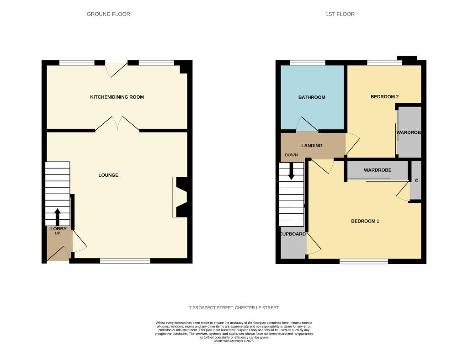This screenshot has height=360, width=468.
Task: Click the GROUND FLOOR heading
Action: point(108,14)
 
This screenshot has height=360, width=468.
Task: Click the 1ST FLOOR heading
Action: point(340,14)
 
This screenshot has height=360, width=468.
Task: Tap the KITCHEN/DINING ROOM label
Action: point(117,97)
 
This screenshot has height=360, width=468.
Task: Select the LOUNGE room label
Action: point(108,175)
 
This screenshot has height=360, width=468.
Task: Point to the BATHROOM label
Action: point(312,97)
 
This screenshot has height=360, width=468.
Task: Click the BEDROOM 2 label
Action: point(385,97)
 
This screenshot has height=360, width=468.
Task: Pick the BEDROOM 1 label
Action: point(365,221)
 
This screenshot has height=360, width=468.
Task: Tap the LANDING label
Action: point(312,146)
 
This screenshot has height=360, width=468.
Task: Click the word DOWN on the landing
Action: point(291,155)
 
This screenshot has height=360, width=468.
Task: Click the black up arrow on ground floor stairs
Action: point(57,217)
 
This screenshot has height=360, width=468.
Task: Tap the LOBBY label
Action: point(58,229)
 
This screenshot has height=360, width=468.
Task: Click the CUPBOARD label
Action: point(293,234)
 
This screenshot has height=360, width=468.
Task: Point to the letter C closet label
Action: point(417,180)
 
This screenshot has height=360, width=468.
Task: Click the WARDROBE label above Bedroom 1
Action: point(378,170)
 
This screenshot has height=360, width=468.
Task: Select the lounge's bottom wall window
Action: point(125,261)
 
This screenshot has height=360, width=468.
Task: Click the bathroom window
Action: point(308,63)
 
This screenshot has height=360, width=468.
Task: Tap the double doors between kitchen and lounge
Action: point(117,123)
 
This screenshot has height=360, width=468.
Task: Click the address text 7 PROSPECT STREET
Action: point(211,307)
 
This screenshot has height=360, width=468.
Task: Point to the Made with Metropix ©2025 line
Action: point(234,341)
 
